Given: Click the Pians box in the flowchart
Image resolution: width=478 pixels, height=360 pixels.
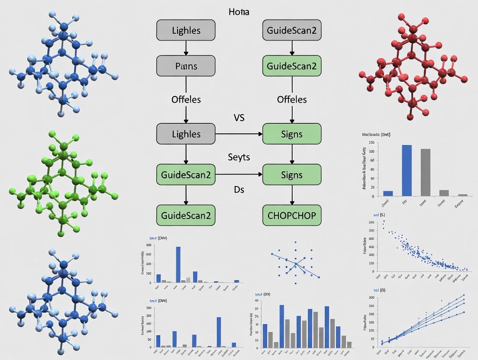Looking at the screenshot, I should point(186,66).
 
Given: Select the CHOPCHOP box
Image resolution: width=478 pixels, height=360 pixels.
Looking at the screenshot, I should point(292,215).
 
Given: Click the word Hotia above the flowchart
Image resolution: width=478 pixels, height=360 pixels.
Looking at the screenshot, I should point(239,12).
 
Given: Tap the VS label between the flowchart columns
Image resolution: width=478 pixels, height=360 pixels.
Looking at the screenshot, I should point(239,118).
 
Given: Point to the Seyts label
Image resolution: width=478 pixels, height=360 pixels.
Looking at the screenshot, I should point(239,157).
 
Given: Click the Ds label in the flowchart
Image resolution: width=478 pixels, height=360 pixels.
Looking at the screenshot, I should point(239,190).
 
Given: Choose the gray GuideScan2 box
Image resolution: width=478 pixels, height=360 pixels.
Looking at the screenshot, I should point(292,30).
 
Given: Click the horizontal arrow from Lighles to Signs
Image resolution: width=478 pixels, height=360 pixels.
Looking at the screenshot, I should point(239,134).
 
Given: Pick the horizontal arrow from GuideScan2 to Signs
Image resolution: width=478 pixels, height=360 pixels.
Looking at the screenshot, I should point(239,175).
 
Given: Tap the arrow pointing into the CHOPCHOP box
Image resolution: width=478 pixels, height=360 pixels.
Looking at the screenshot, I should point(292,200).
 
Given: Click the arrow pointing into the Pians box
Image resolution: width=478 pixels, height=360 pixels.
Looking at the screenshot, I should point(186,51).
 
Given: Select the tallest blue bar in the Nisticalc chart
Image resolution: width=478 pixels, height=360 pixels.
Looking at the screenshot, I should point(407,170).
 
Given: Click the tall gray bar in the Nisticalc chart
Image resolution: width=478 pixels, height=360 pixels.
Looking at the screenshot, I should point(426,172).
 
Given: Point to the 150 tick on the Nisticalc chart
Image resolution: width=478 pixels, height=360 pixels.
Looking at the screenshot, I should point(371,143).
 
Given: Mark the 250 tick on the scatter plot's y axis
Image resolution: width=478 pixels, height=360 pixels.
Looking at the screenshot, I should point(371,222).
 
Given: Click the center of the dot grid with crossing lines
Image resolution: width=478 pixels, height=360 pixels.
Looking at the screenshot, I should point(295,263).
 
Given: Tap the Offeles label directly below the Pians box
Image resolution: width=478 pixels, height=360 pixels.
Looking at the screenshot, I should point(186,100).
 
